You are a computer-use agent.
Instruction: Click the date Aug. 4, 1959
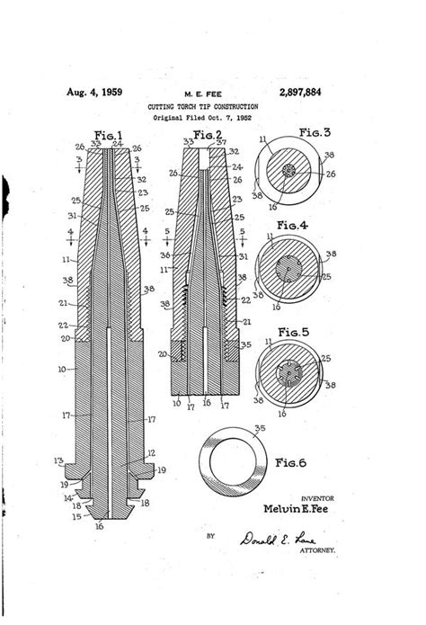pyautogui.click(x=93, y=93)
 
